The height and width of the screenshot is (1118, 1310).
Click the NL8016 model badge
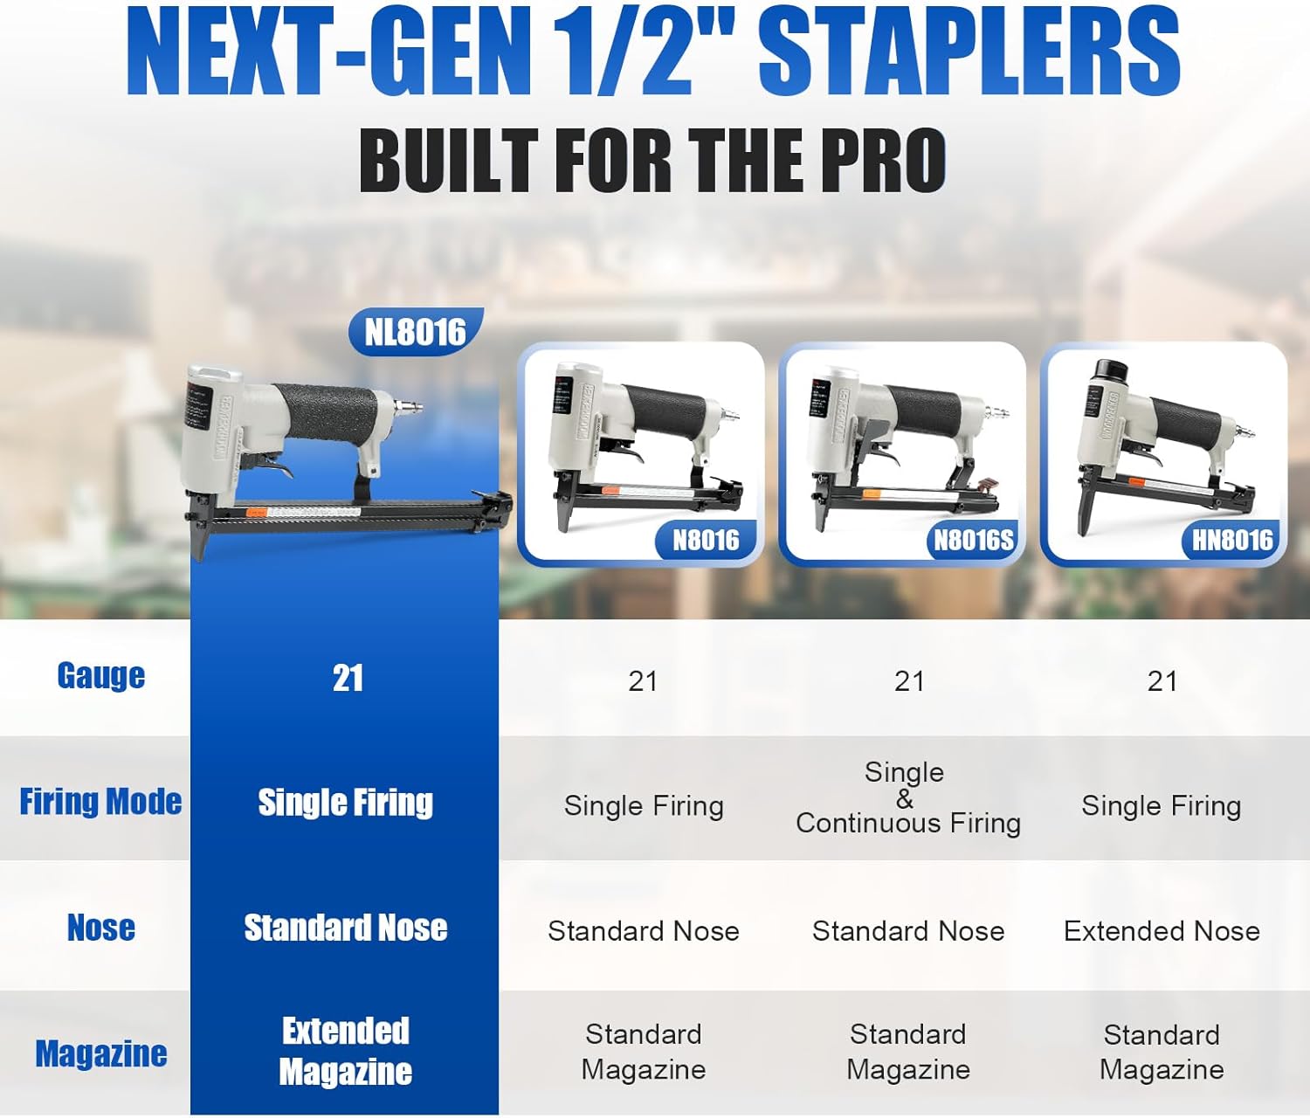click(x=416, y=332)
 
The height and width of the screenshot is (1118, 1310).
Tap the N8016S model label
click(x=973, y=541)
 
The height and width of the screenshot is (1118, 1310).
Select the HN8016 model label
click(x=1232, y=541)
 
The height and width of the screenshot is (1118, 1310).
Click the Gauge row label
click(x=100, y=676)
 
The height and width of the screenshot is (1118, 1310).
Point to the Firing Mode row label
click(x=100, y=802)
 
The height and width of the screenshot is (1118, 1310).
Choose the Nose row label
click(x=100, y=928)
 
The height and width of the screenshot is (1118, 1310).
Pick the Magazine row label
click(x=100, y=1053)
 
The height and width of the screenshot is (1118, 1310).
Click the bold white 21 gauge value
click(x=348, y=678)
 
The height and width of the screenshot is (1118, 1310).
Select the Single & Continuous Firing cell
click(x=907, y=797)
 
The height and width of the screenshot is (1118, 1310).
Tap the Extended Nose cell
click(x=1162, y=931)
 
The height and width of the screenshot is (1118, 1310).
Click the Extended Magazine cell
click(x=345, y=1051)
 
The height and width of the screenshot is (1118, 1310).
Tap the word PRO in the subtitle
click(x=878, y=161)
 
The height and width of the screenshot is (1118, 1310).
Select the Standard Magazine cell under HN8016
click(x=1162, y=1052)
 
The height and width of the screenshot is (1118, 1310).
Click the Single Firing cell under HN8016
click(x=1162, y=805)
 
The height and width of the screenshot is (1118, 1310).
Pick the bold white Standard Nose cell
click(x=345, y=928)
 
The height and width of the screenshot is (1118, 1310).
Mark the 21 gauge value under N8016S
click(x=909, y=680)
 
